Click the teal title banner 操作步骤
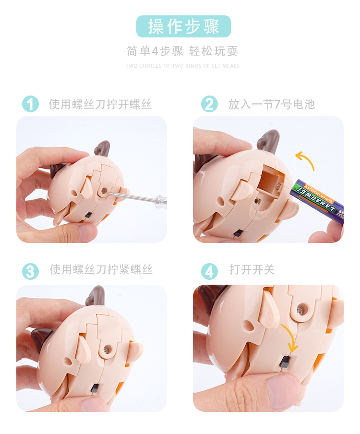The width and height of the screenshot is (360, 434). [183, 26]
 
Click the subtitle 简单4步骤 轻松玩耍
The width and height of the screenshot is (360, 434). [182, 51]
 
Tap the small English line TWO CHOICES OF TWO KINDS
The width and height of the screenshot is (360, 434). [182, 66]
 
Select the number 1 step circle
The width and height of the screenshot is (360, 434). [30, 104]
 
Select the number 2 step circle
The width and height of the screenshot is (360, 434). [209, 104]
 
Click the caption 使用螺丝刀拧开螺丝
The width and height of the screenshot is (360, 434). [100, 104]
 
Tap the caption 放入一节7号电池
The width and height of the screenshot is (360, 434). [271, 104]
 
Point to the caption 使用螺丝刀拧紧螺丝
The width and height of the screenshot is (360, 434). [101, 270]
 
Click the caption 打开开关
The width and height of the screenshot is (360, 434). [252, 270]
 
